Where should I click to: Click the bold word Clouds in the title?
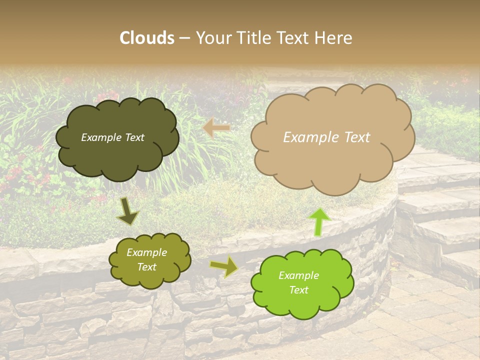pyautogui.click(x=147, y=38)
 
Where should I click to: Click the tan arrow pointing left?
pyautogui.click(x=216, y=128)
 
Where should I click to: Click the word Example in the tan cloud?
pyautogui.click(x=306, y=137)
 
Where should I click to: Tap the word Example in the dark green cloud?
pyautogui.click(x=101, y=137)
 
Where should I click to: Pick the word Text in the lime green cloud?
pyautogui.click(x=298, y=290)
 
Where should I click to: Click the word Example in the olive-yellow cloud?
pyautogui.click(x=146, y=252)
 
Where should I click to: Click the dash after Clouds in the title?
pyautogui.click(x=184, y=38)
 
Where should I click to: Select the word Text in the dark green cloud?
pyautogui.click(x=134, y=137)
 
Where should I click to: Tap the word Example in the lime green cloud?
pyautogui.click(x=298, y=275)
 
